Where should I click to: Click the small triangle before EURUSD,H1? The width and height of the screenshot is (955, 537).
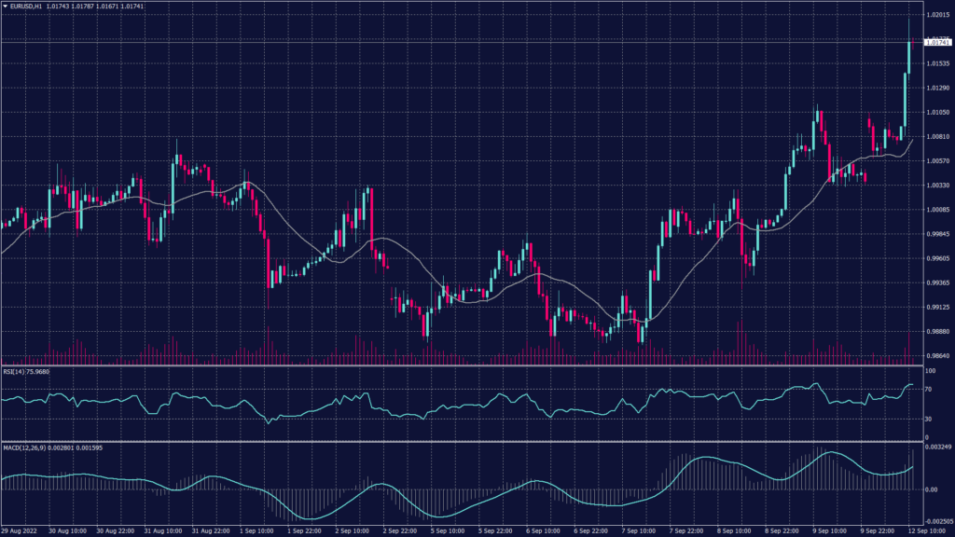(x=5, y=7)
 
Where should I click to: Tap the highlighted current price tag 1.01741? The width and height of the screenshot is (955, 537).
(x=936, y=43)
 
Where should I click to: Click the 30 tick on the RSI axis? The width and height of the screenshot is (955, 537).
(x=929, y=420)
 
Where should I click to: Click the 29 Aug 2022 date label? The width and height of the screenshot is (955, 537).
(x=19, y=531)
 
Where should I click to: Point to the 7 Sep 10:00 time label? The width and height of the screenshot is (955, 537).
(x=644, y=531)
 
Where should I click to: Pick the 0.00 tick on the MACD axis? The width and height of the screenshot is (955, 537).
(x=931, y=489)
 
